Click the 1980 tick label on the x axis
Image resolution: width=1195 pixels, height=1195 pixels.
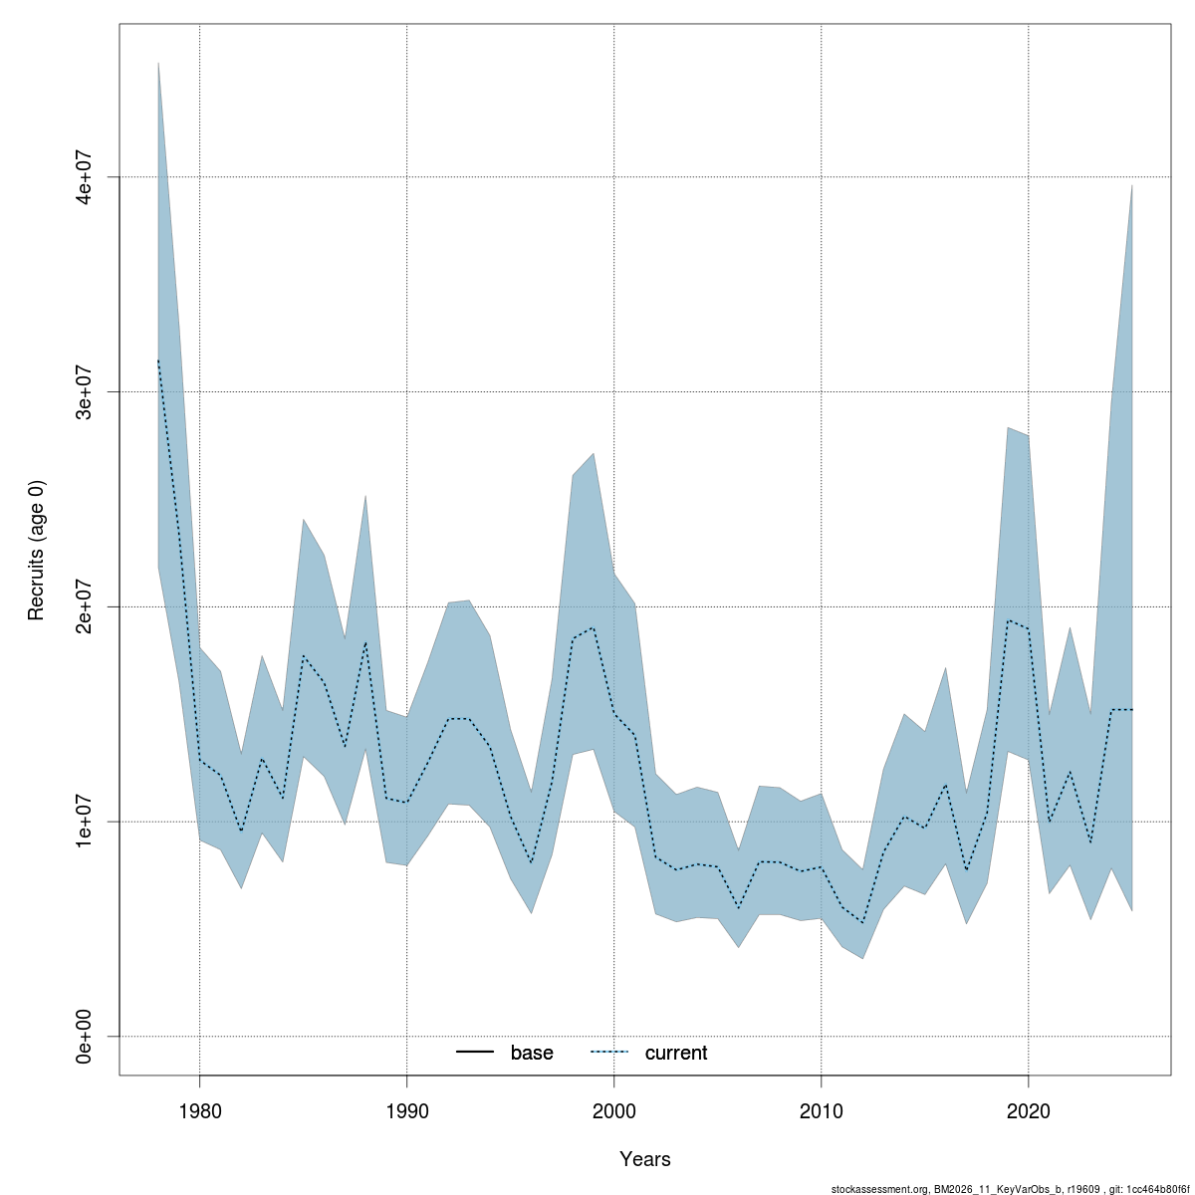[x=199, y=1109]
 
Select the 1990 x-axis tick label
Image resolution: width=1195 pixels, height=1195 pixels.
[x=406, y=1109]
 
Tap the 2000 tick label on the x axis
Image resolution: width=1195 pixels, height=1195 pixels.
[x=613, y=1109]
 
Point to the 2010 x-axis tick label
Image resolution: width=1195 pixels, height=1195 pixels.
[x=821, y=1109]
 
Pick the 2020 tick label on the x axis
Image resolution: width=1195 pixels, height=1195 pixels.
[x=1028, y=1109]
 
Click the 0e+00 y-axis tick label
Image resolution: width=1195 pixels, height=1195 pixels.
[x=87, y=1037]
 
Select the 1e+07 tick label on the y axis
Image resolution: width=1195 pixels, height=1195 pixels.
[x=87, y=822]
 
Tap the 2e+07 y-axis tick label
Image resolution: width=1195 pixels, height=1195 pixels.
[x=87, y=606]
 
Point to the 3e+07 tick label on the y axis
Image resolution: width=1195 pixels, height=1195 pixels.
[x=87, y=391]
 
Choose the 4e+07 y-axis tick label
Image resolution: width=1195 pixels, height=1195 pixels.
[x=87, y=176]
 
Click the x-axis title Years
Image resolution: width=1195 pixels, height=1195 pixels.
[x=645, y=1159]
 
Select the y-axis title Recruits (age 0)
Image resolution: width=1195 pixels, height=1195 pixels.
[x=37, y=551]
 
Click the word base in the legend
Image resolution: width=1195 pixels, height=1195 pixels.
[x=532, y=1054]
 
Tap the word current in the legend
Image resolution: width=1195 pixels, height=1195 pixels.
[x=676, y=1054]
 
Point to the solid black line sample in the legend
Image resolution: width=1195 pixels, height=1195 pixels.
[x=476, y=1054]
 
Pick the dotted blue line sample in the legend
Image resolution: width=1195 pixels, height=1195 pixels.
[x=610, y=1054]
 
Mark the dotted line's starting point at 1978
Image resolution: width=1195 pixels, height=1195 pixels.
[x=158, y=360]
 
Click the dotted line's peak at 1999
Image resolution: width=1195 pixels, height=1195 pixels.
[x=594, y=627]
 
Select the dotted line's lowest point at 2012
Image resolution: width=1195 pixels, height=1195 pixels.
[x=862, y=923]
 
